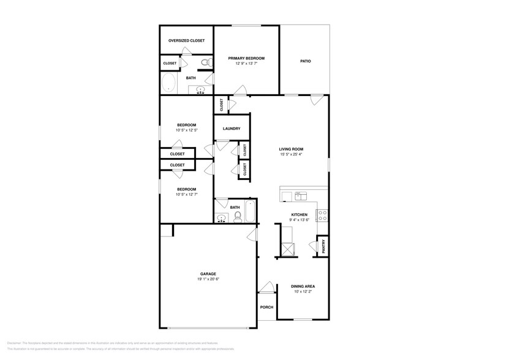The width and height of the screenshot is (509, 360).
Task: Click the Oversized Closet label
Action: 187,40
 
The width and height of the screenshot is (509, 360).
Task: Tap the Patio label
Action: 304,61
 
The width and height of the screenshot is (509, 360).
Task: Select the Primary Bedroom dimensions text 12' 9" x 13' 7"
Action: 246,63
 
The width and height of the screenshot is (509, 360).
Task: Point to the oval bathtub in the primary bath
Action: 168,83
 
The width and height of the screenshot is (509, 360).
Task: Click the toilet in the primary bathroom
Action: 207,62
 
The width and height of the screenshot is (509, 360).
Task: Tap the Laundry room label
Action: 232,129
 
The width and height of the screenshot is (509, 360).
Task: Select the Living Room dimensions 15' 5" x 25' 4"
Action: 292,154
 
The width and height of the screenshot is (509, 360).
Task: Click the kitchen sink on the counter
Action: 301,196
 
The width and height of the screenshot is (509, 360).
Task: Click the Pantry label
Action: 323,246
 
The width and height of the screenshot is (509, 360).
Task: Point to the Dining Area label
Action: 303,286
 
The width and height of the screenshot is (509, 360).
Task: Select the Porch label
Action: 266,307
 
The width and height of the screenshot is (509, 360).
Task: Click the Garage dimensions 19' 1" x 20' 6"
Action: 208,279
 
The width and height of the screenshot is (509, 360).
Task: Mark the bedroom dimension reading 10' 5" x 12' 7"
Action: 186,195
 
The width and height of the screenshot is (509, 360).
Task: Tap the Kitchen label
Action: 299,214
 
